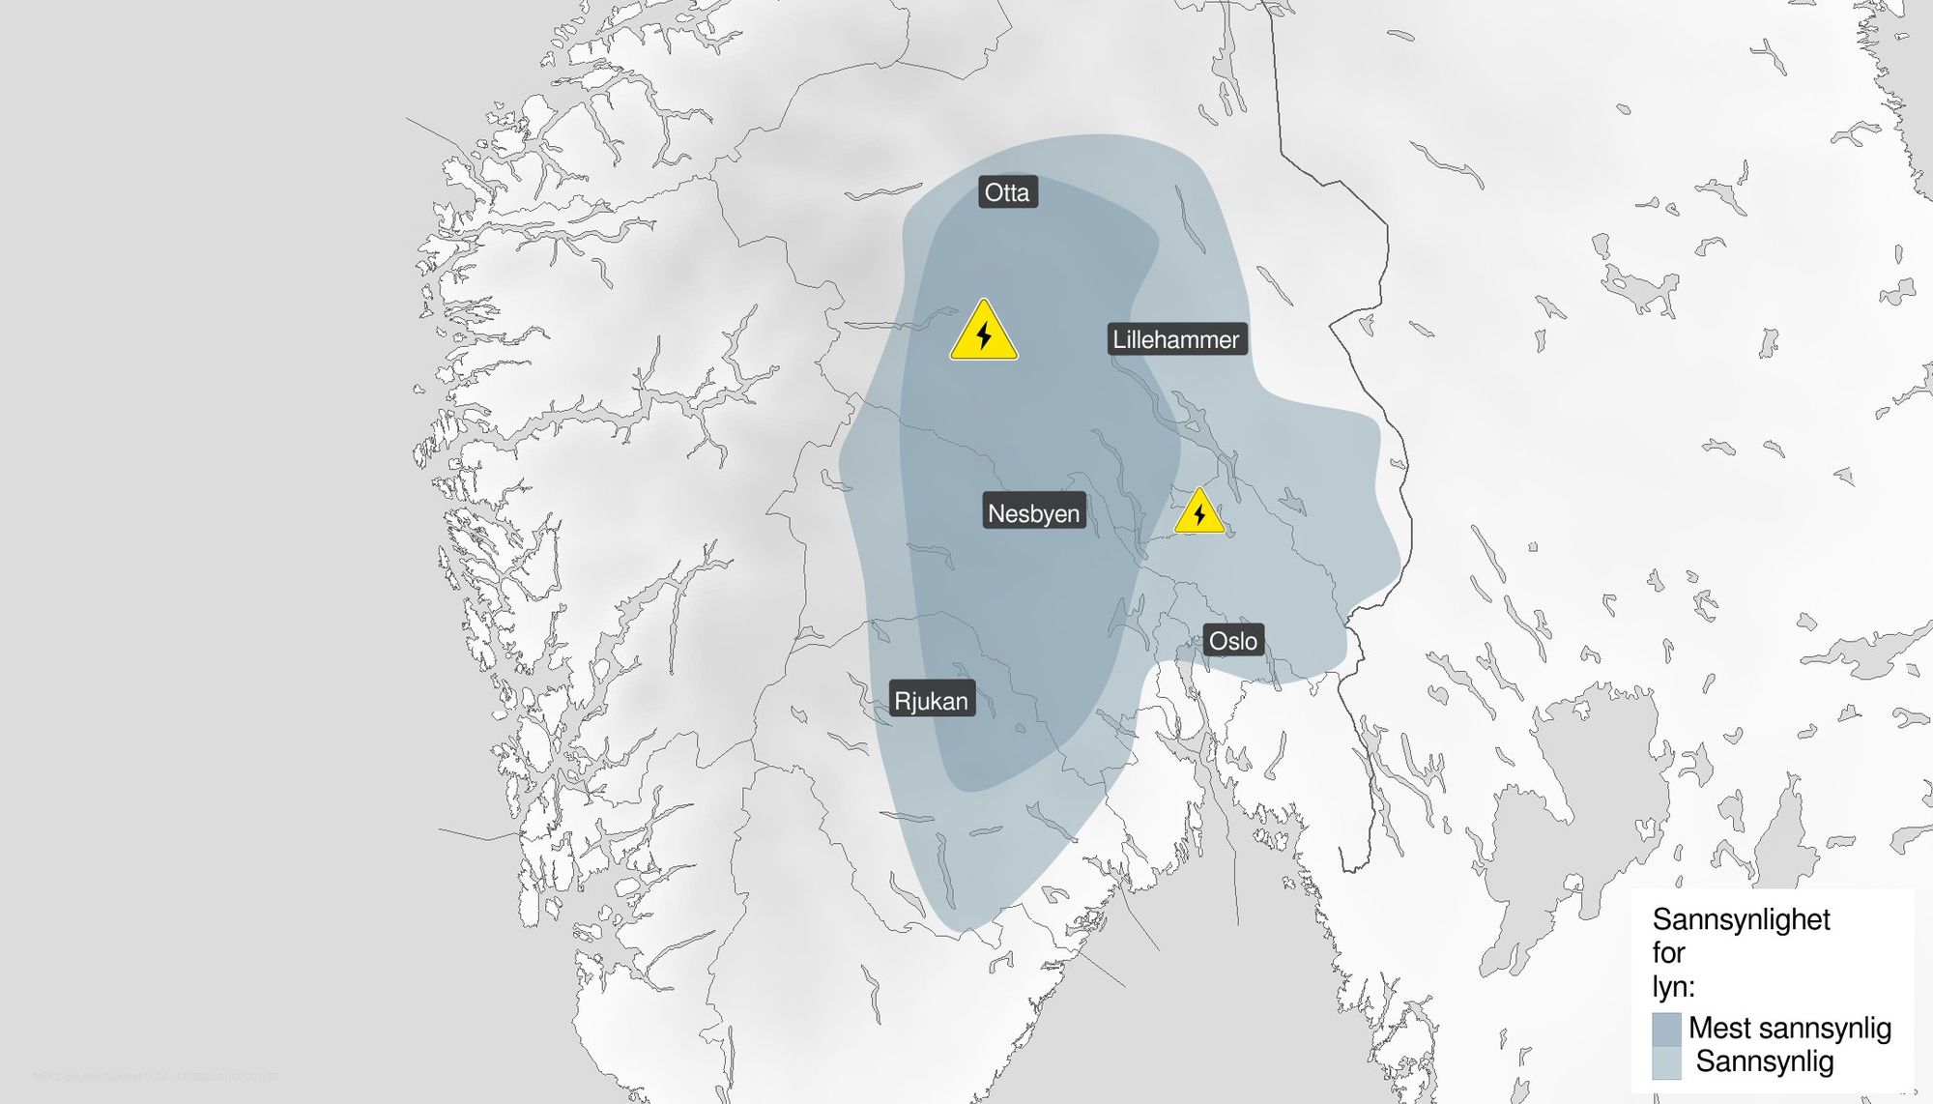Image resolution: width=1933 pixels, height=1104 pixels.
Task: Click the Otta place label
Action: pos(1007,192)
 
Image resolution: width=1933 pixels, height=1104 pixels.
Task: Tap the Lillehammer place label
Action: pos(1175,339)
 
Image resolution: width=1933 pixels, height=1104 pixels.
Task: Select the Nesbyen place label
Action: pos(1033,513)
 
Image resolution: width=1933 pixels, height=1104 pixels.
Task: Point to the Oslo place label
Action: pos(1233,640)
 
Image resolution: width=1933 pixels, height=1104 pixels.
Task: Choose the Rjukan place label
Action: pos(931,701)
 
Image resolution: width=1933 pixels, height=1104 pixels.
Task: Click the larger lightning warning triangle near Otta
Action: pos(984,333)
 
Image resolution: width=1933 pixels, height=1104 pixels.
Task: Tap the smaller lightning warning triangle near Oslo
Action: pos(1199,512)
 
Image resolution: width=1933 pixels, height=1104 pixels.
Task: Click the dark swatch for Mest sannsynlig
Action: pos(1666,1029)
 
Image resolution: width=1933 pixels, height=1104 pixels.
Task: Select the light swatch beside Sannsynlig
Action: pos(1666,1062)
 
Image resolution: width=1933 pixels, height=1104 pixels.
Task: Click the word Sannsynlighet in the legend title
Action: pos(1741,919)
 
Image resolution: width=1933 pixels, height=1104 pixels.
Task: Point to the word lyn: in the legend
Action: pos(1673,987)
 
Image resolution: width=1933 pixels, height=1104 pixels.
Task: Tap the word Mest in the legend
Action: pos(1719,1028)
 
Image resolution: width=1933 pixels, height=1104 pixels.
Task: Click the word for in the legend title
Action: pos(1669,953)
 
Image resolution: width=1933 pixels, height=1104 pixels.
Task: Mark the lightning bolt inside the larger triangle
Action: pos(984,336)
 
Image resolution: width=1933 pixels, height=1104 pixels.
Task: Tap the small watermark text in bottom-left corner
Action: pos(155,1076)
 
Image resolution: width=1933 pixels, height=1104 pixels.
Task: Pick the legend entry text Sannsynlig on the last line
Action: pos(1764,1061)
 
